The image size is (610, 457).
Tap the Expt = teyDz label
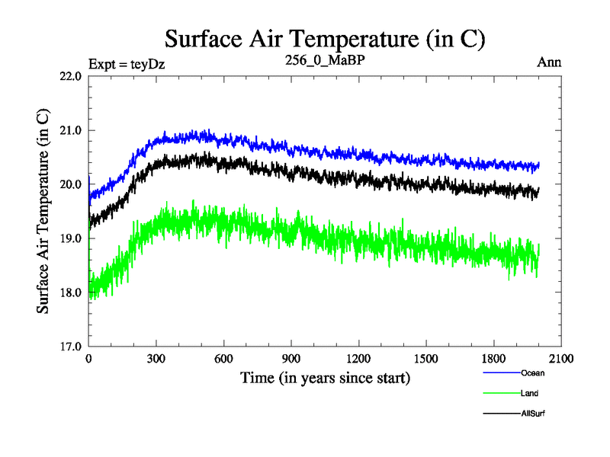pyautogui.click(x=127, y=63)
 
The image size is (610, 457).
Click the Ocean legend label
pyautogui.click(x=533, y=373)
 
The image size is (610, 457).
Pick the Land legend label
pyautogui.click(x=530, y=394)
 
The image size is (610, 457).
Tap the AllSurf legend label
pyautogui.click(x=534, y=414)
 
